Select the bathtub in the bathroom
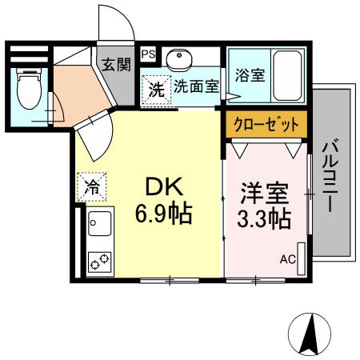click(286, 74)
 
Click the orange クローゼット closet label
click(263, 124)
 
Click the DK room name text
click(166, 186)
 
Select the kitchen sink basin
click(101, 224)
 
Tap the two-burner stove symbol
click(101, 261)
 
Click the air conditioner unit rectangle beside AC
click(301, 258)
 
